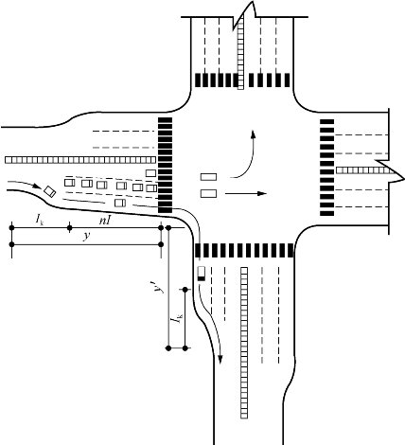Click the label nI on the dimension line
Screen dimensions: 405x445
[x=105, y=220]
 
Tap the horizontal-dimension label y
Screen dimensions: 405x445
[x=87, y=236]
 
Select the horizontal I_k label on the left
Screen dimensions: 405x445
[x=40, y=219]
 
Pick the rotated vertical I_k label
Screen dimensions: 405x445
[x=177, y=318]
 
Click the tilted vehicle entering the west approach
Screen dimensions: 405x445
[x=50, y=191]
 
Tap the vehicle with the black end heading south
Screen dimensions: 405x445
[x=202, y=274]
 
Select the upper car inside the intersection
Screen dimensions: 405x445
[x=208, y=177]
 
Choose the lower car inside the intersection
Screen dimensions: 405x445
[x=208, y=193]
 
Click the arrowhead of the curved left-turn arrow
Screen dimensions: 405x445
[x=253, y=133]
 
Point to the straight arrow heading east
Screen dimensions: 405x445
[x=246, y=193]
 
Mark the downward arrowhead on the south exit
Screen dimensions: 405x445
[x=220, y=359]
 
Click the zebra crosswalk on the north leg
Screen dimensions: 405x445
[x=242, y=80]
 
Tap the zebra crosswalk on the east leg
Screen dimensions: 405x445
[x=327, y=168]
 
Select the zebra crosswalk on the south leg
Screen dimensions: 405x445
[x=244, y=251]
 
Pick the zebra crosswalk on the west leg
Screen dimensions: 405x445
[x=165, y=165]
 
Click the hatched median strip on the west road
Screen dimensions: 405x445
[x=80, y=160]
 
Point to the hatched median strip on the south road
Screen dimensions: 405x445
[x=244, y=343]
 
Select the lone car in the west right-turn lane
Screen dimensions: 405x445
[x=120, y=203]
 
